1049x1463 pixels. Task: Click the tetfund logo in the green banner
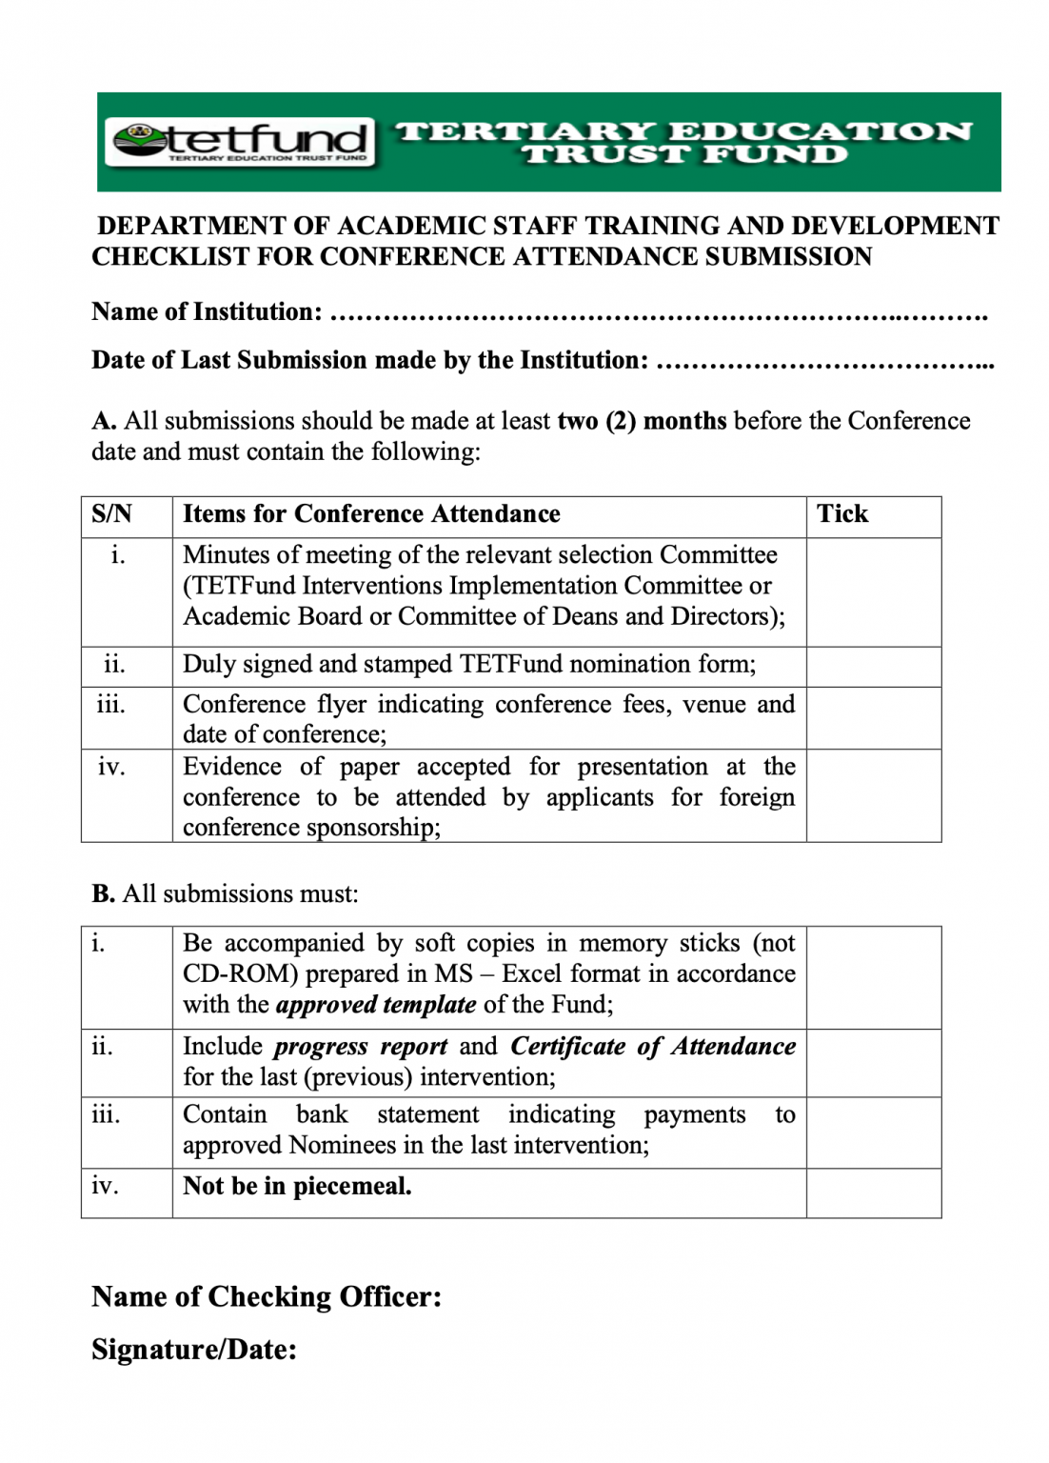(240, 142)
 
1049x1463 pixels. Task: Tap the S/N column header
(111, 514)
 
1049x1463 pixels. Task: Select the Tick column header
(842, 514)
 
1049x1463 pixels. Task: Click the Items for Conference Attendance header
(371, 514)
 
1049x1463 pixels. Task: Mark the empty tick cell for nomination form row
(873, 666)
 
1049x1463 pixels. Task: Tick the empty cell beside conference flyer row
(873, 717)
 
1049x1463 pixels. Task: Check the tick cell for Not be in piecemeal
(873, 1192)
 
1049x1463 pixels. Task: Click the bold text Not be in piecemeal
(297, 1187)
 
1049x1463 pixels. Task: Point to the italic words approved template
(376, 1005)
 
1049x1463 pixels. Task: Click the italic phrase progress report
(360, 1047)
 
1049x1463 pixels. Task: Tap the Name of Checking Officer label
(267, 1297)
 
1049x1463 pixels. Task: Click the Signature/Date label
(194, 1350)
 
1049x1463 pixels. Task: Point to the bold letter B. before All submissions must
(103, 894)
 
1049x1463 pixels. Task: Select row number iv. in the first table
(111, 768)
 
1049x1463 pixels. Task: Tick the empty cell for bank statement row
(873, 1132)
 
